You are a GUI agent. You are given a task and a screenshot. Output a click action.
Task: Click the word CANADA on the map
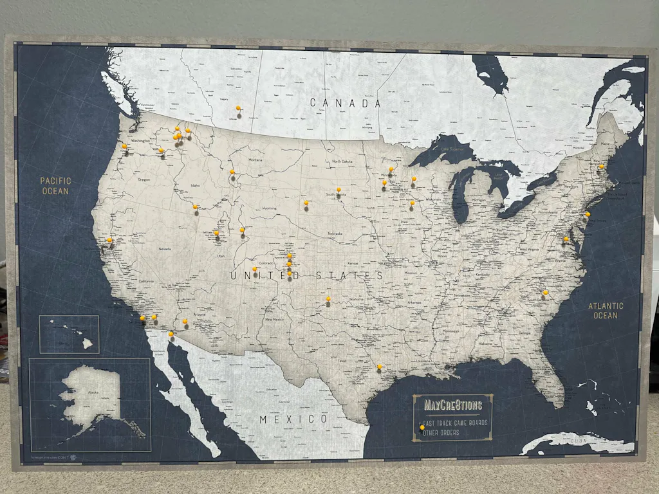[x=345, y=103]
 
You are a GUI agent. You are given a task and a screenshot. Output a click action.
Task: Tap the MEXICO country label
[x=293, y=419]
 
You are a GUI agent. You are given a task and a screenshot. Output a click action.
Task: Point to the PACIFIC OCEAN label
[x=55, y=186]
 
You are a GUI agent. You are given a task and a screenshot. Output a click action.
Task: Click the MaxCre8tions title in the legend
[x=453, y=405]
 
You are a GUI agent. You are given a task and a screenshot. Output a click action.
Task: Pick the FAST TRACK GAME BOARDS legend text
[x=456, y=423]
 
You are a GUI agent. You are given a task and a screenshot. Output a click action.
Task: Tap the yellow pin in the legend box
[x=422, y=426]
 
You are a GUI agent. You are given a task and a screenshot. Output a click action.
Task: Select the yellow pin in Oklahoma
[x=328, y=298]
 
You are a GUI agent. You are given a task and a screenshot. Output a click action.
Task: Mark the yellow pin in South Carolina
[x=545, y=292]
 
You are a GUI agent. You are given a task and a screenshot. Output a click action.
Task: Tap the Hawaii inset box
[x=69, y=334]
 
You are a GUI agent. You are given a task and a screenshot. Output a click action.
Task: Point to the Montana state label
[x=255, y=160]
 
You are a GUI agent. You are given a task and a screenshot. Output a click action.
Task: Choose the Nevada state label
[x=165, y=248]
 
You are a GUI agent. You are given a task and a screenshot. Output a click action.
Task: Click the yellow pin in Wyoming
[x=242, y=230]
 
